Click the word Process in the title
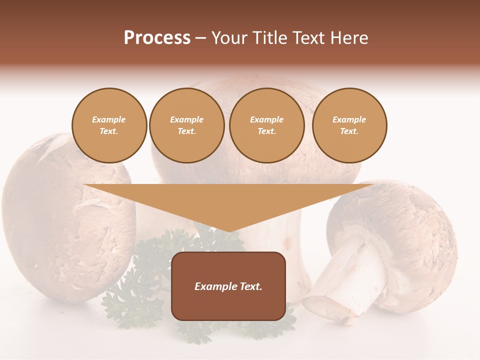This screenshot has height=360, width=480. click(157, 38)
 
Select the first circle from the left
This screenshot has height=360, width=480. click(109, 125)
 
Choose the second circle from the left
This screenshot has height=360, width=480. click(187, 125)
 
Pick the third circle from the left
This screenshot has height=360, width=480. click(267, 125)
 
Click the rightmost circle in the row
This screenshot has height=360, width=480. click(349, 125)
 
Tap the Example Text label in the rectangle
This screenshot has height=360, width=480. click(228, 286)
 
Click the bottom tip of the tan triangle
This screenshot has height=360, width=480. click(228, 230)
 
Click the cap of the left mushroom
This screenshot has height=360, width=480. click(60, 200)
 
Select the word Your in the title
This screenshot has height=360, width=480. click(230, 38)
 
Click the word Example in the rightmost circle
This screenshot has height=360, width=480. click(349, 119)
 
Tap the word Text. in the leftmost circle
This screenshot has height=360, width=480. click(109, 131)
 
